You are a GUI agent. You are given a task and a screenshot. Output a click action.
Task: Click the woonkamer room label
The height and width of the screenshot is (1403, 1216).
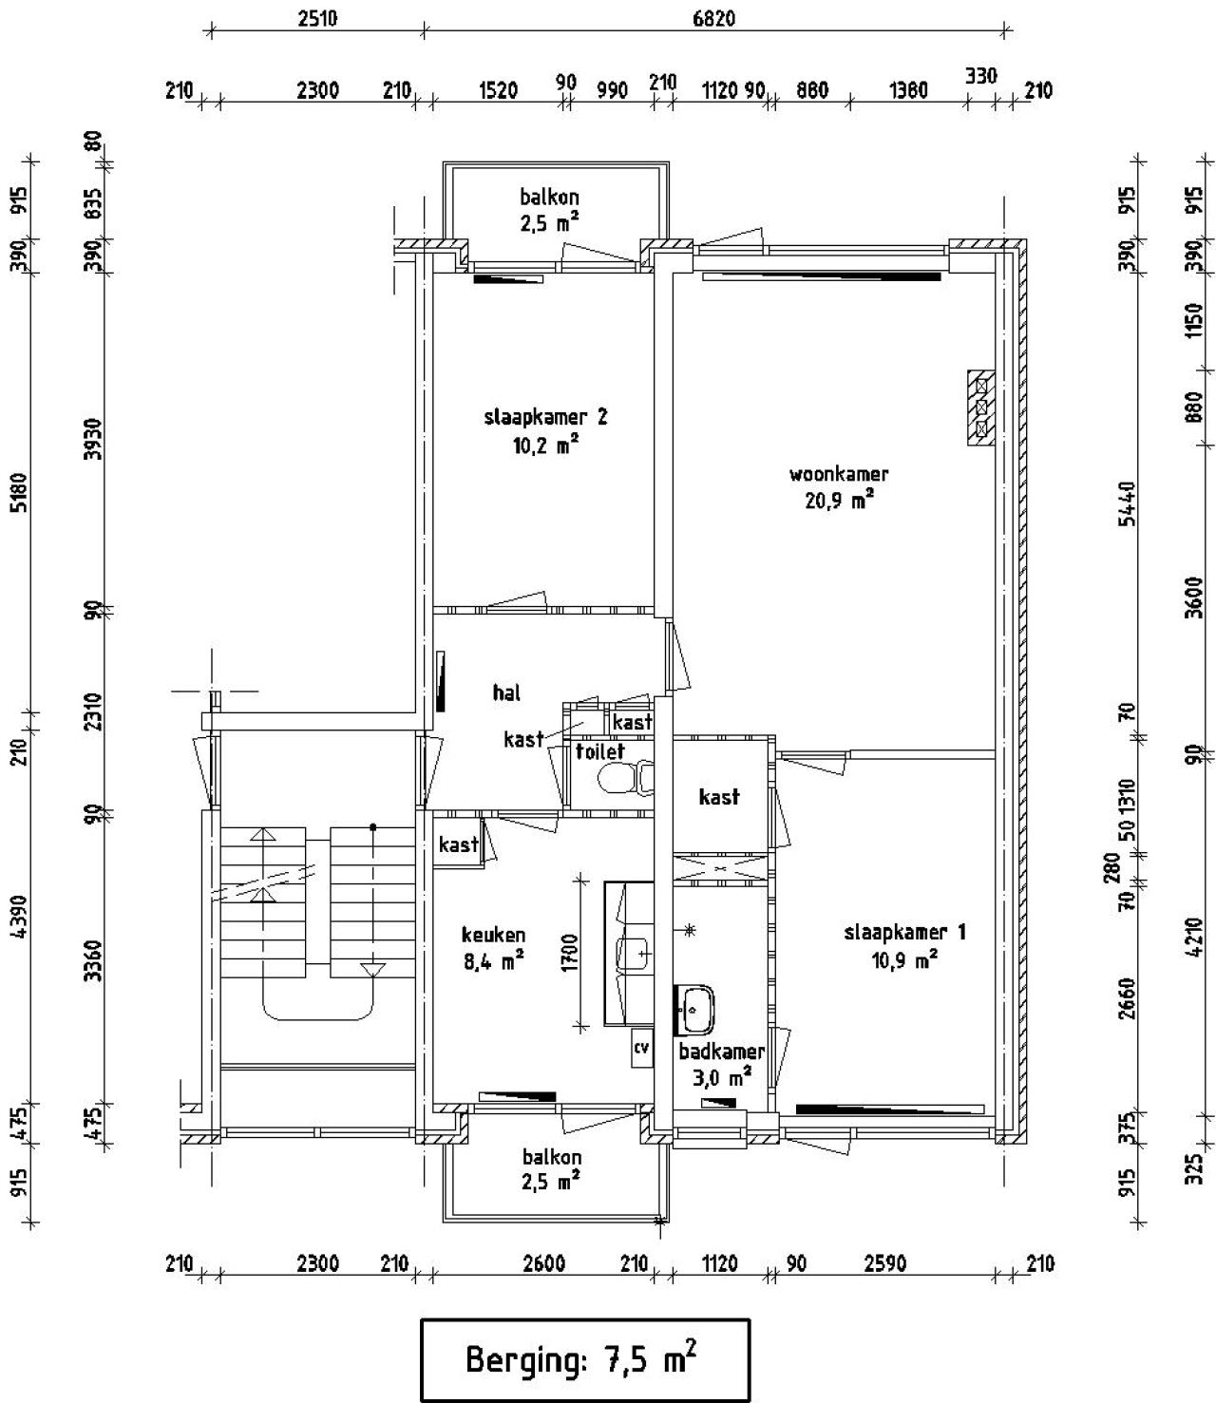pyautogui.click(x=839, y=474)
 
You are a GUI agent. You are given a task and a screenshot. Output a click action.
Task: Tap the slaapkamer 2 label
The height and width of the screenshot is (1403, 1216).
pyautogui.click(x=545, y=417)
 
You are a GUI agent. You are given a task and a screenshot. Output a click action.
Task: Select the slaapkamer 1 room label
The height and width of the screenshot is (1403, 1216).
pyautogui.click(x=904, y=932)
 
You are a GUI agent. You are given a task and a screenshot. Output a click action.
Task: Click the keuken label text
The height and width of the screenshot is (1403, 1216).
pyautogui.click(x=494, y=935)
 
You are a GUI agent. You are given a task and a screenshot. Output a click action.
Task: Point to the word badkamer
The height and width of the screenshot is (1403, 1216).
pyautogui.click(x=722, y=1052)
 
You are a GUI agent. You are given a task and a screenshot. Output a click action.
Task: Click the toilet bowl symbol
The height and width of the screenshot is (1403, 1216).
pyautogui.click(x=625, y=777)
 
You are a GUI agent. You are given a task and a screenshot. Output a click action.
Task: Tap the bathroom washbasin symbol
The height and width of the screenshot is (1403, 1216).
pyautogui.click(x=694, y=1010)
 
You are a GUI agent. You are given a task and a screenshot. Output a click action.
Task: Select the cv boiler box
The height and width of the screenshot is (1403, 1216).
pyautogui.click(x=641, y=1048)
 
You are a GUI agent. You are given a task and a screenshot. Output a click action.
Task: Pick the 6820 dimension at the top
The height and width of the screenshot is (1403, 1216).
pyautogui.click(x=713, y=18)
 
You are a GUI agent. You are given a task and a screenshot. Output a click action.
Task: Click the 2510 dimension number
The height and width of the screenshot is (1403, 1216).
pyautogui.click(x=317, y=18)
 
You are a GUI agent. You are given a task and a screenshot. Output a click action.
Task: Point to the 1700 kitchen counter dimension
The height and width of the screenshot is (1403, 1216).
pyautogui.click(x=570, y=953)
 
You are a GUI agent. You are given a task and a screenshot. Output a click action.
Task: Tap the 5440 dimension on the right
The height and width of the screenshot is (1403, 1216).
pyautogui.click(x=1128, y=503)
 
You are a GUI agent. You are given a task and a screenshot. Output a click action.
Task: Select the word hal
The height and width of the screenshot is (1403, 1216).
pyautogui.click(x=506, y=692)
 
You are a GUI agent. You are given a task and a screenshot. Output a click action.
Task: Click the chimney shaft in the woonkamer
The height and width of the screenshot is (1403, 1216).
pyautogui.click(x=981, y=408)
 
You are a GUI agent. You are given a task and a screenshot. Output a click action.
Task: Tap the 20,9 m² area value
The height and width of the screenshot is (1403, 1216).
pyautogui.click(x=839, y=501)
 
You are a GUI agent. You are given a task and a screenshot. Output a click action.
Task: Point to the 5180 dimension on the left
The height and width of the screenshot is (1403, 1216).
pyautogui.click(x=21, y=493)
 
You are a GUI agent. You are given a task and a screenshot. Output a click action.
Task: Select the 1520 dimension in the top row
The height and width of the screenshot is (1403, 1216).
pyautogui.click(x=499, y=90)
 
